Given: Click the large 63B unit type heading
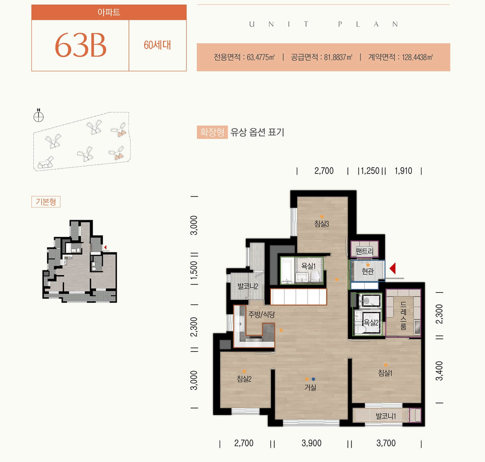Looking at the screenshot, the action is [80, 45].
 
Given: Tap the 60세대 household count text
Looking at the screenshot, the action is [157, 45].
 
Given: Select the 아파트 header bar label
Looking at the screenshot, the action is [109, 12].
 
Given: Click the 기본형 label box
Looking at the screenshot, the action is [46, 202].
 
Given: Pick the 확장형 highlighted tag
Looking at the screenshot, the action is [212, 132].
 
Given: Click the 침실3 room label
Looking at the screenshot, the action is [321, 224].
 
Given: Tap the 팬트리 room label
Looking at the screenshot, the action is [364, 252].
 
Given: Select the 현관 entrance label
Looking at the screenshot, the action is [368, 271].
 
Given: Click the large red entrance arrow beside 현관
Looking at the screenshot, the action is [393, 269].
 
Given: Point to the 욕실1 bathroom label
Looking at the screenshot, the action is [308, 266].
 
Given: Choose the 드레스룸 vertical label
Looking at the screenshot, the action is [403, 316].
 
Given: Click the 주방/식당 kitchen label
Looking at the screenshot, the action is [262, 314].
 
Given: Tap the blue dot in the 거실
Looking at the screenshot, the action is [313, 379].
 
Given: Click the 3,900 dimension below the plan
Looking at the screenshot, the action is [311, 443].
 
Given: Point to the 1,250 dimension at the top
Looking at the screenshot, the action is [370, 171].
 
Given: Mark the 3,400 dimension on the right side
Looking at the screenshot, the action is [439, 371].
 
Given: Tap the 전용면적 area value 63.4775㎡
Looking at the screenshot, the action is [261, 57].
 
